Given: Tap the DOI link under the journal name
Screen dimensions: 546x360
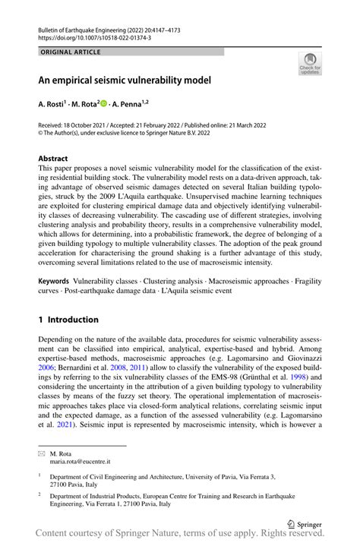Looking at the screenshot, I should (x=94, y=36).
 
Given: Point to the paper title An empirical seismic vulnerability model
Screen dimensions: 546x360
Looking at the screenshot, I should (x=125, y=79).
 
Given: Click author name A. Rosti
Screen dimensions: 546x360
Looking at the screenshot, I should (x=56, y=103).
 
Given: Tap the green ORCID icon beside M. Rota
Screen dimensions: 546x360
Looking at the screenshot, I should (x=104, y=103).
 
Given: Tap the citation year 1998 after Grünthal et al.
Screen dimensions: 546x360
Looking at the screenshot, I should (x=298, y=375).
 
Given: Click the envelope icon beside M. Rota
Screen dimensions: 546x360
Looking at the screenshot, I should (x=43, y=453).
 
